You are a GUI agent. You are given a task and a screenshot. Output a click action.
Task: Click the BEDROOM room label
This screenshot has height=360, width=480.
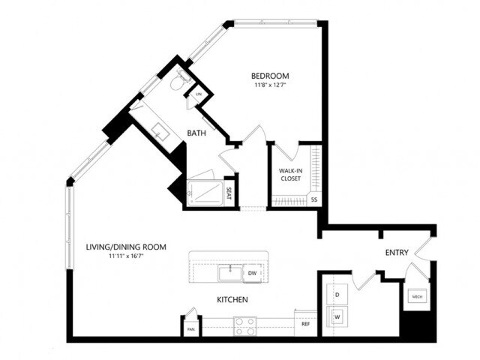pyautogui.click(x=270, y=76)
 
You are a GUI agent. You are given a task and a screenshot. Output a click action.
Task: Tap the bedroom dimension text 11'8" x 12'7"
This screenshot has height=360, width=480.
pyautogui.click(x=270, y=85)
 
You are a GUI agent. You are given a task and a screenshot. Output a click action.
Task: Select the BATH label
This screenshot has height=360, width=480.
pyautogui.click(x=196, y=133)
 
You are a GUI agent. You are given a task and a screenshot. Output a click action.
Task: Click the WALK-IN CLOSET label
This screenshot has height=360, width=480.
pyautogui.click(x=289, y=174)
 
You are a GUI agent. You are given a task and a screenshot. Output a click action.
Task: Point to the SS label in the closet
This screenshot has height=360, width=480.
pyautogui.click(x=314, y=199)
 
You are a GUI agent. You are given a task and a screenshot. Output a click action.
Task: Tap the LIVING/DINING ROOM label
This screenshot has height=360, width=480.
pyautogui.click(x=126, y=247)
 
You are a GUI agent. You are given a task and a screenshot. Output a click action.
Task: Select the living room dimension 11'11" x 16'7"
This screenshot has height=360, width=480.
pyautogui.click(x=126, y=256)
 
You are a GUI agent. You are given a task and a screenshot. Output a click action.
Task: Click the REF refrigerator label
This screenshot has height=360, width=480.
pyautogui.click(x=305, y=324)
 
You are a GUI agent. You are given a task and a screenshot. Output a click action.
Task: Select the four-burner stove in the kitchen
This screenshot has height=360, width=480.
pyautogui.click(x=244, y=325)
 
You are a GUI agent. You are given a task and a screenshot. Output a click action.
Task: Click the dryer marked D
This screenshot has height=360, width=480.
pyautogui.click(x=337, y=294)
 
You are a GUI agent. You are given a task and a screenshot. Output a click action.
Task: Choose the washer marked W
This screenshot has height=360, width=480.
pyautogui.click(x=337, y=317)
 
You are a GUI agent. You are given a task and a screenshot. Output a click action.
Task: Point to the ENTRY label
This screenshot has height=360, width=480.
pyautogui.click(x=396, y=253)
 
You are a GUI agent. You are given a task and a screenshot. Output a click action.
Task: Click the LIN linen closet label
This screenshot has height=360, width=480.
pyautogui.click(x=199, y=94)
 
